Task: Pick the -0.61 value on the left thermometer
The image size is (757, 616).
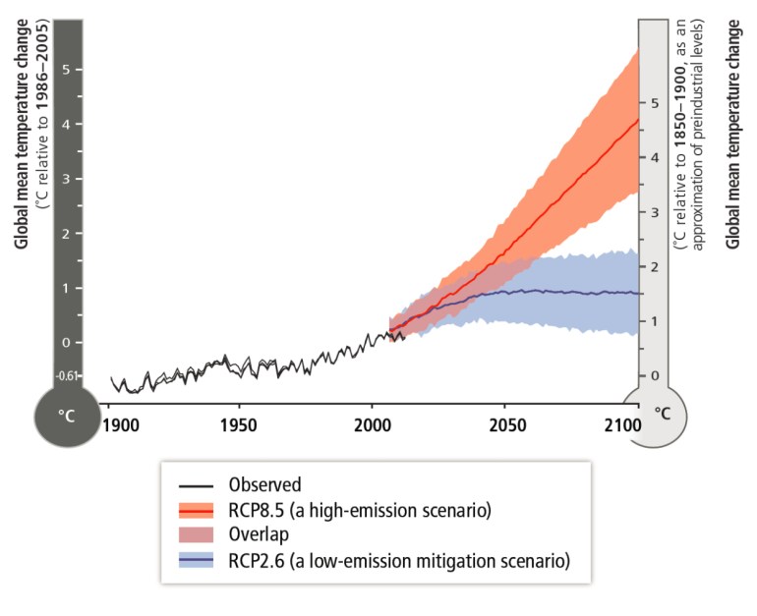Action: [x=65, y=376]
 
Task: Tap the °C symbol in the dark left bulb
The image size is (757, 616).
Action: [x=66, y=416]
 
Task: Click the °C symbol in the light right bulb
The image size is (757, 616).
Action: [x=664, y=414]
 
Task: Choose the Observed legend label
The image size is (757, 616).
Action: [x=264, y=484]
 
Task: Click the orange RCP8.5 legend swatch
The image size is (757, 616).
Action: [x=199, y=510]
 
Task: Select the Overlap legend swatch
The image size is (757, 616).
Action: [x=199, y=535]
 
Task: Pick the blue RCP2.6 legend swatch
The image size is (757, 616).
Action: [x=199, y=561]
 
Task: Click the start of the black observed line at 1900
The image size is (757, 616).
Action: [x=110, y=377]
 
